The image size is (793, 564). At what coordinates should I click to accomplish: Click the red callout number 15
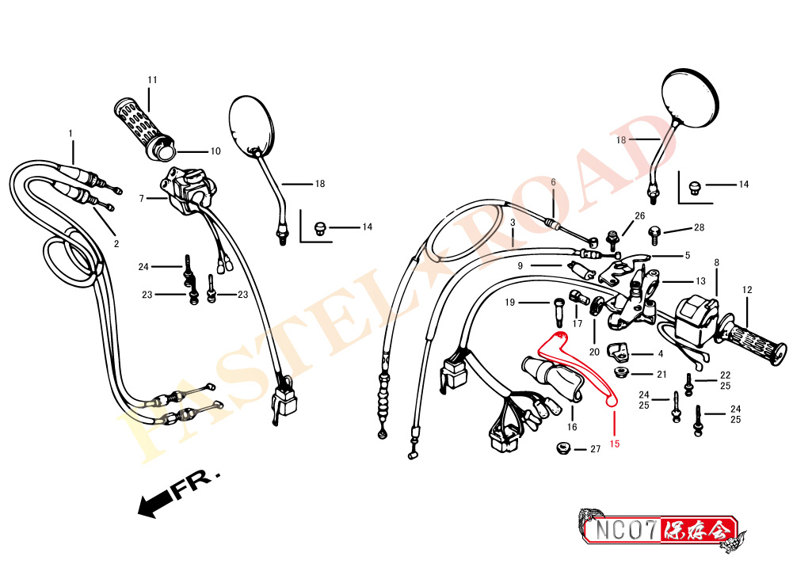coord(615,444)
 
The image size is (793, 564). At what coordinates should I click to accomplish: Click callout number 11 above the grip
coord(152,80)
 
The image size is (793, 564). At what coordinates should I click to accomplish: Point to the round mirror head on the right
coord(690,97)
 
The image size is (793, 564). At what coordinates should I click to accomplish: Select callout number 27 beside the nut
coord(595,449)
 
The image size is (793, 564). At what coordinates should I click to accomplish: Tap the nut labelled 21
coord(620,373)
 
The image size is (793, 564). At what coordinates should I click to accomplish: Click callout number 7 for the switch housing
coord(142,199)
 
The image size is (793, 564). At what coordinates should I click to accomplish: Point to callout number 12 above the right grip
coord(747,290)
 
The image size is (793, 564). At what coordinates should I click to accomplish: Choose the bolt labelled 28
coord(654,235)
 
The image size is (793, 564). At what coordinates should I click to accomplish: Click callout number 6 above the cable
coord(553,182)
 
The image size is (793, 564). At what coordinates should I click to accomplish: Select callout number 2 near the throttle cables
coord(116,244)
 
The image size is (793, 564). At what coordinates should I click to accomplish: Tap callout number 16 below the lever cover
coord(572,427)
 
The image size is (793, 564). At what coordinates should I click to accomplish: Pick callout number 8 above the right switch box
coord(717,263)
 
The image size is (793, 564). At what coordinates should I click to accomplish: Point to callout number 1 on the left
coord(71,134)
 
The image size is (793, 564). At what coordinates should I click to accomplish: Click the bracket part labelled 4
coord(617,352)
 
